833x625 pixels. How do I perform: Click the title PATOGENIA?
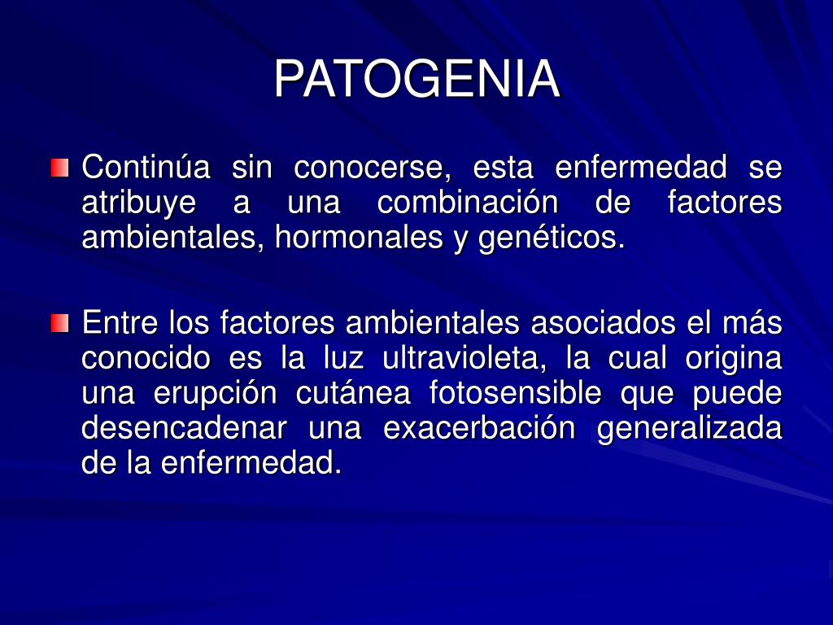(416, 80)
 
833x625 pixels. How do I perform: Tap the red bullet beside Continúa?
(59, 168)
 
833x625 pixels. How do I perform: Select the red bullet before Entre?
(59, 323)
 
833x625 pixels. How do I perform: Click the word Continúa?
(146, 168)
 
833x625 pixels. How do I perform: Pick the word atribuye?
(133, 203)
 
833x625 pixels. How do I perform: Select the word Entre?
(121, 323)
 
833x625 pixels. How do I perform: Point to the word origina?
(733, 358)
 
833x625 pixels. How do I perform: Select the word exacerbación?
(479, 428)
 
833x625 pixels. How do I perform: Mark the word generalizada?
(690, 428)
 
